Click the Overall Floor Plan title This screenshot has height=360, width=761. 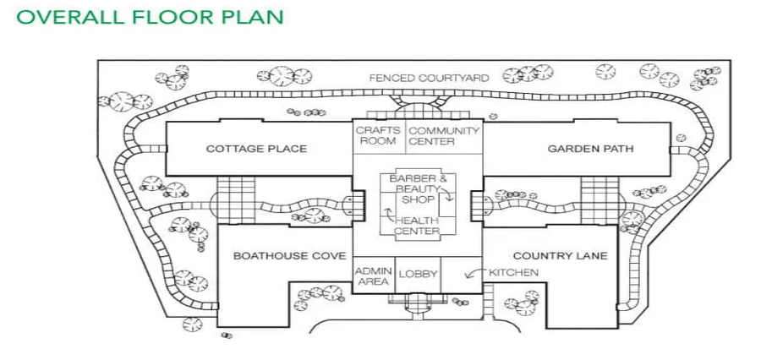[x=148, y=17]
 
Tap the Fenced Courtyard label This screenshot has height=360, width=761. [x=429, y=79]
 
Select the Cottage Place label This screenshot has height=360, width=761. [x=256, y=149]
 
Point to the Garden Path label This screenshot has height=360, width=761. [x=590, y=149]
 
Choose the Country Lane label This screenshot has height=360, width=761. [x=560, y=255]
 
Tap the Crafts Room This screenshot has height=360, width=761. [x=376, y=136]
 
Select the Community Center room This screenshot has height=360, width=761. [x=444, y=136]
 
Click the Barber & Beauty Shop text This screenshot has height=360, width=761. [x=418, y=189]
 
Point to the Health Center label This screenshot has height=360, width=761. [x=417, y=226]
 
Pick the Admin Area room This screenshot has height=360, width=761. [x=373, y=275]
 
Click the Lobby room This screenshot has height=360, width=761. [x=418, y=274]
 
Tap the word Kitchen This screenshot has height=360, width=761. [x=513, y=272]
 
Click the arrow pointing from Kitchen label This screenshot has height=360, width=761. [x=474, y=274]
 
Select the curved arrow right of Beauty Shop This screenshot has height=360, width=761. [x=449, y=194]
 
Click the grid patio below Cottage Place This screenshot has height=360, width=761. [x=236, y=200]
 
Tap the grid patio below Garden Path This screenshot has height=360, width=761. [x=599, y=200]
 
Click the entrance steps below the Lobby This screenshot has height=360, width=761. [x=418, y=303]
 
